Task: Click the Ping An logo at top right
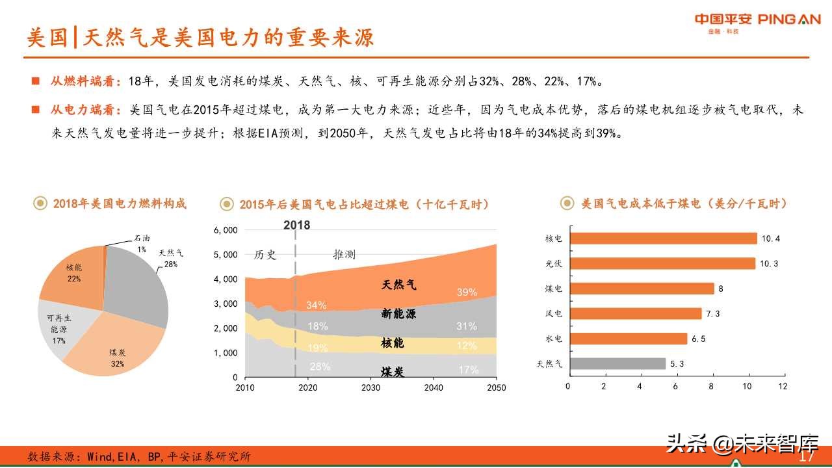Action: coord(757,20)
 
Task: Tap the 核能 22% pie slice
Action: coord(71,273)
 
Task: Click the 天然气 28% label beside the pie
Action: coord(171,259)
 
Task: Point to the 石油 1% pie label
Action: coord(141,243)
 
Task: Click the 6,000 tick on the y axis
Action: coord(226,230)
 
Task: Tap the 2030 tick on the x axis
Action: coord(370,388)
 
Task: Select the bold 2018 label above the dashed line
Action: coord(296,225)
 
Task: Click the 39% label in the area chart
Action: coord(466,292)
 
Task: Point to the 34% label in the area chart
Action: coord(316,305)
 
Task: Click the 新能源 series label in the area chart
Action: coord(398,315)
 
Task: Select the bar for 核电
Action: coord(662,239)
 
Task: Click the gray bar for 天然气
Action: coord(617,364)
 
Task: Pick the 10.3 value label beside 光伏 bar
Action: coord(770,264)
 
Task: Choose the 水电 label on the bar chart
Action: coord(554,339)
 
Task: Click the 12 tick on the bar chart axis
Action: coord(782,386)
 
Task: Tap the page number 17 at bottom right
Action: coord(807,457)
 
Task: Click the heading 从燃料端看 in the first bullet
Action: coord(85,82)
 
